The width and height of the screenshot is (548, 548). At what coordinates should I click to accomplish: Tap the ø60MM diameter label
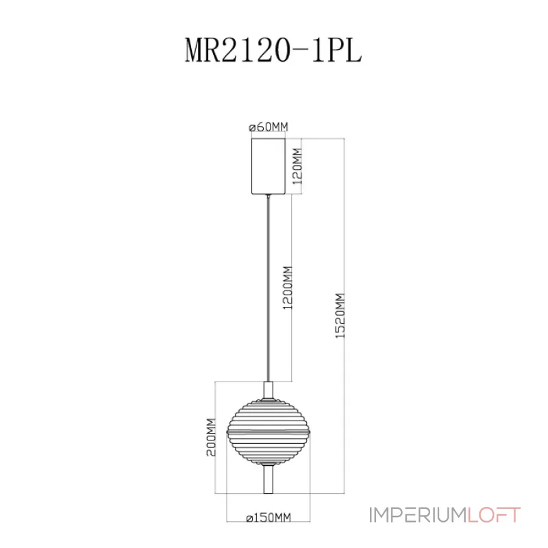[x=269, y=127]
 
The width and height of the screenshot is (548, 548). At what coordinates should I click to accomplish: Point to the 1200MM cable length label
[x=288, y=288]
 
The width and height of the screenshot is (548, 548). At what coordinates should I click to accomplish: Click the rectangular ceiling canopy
[x=269, y=166]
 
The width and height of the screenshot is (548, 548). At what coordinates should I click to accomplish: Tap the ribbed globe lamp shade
[x=269, y=430]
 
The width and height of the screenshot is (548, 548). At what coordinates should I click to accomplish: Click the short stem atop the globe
[x=269, y=389]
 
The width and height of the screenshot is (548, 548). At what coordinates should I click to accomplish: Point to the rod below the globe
[x=269, y=478]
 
